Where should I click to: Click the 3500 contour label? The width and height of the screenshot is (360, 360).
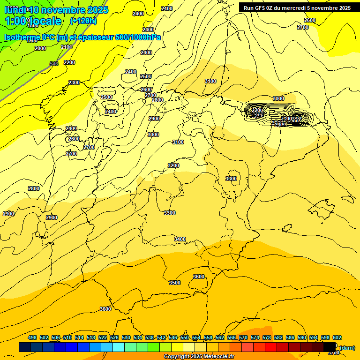tap(175, 283)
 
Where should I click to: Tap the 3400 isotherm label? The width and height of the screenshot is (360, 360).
tap(180, 239)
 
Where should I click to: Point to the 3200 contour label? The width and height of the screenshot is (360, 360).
tap(173, 165)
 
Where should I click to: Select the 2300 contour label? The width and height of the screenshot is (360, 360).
tap(74, 82)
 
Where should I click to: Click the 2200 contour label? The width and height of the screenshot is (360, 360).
tap(69, 62)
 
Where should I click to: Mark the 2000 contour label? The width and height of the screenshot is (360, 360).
tap(40, 48)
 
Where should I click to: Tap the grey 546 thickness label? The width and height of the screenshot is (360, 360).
tap(54, 64)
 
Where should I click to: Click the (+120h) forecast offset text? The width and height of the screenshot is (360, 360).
tap(83, 21)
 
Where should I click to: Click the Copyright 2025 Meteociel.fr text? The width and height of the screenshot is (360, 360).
tap(199, 357)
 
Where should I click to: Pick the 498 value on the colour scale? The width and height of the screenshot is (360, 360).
tap(32, 337)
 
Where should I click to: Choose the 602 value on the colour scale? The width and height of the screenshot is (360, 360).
tap(337, 337)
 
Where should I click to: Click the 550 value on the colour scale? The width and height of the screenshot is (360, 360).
tap(185, 337)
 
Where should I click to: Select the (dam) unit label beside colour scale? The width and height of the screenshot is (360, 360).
tap(347, 347)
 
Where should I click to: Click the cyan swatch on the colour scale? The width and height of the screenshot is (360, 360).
tap(119, 347)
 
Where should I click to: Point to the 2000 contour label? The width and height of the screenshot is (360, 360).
tap(40, 48)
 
